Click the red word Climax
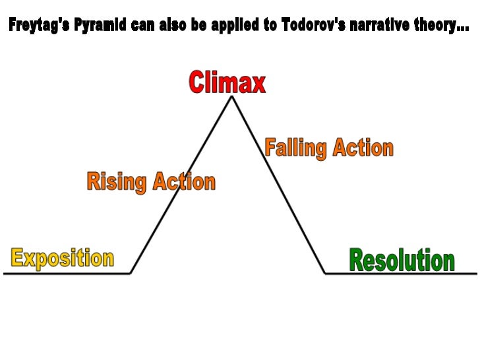pos(227,83)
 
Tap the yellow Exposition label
pos(62,258)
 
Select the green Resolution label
pos(402,260)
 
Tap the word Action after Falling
pos(362,148)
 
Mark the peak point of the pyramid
pos(231,97)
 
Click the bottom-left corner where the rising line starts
pos(131,273)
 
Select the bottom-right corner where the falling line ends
pos(325,273)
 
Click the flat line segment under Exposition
pos(66,273)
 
